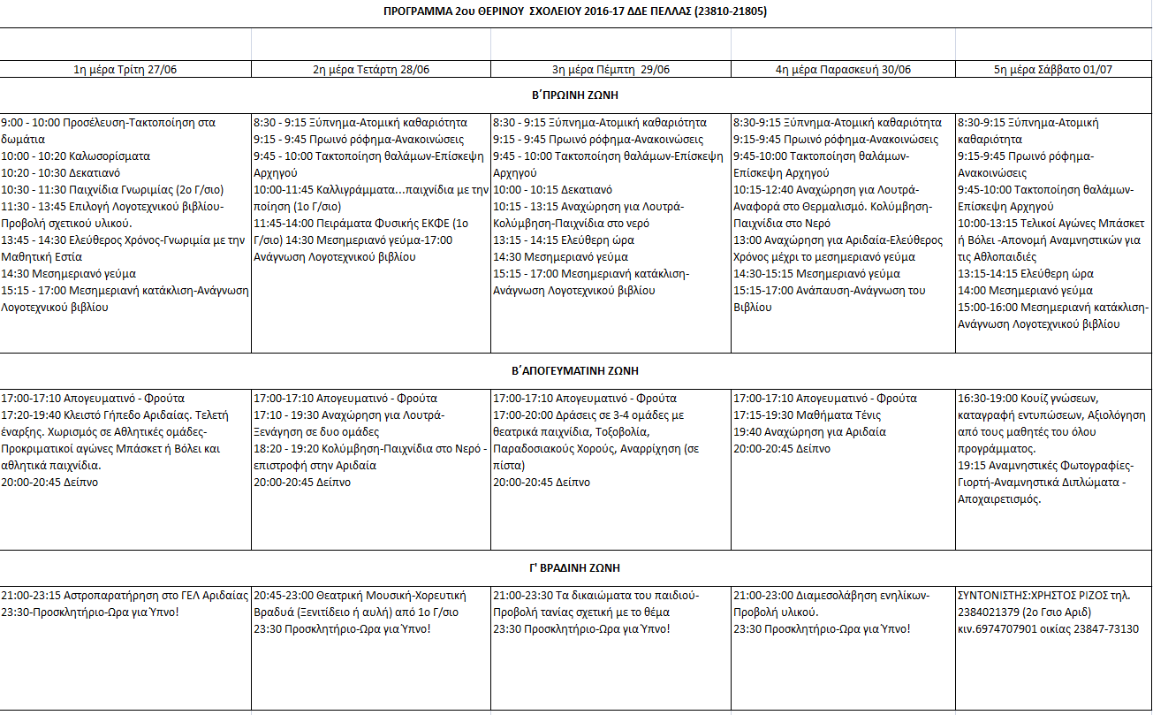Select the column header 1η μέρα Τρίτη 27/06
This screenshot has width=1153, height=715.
(125, 69)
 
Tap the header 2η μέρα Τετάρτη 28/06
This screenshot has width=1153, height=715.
(371, 69)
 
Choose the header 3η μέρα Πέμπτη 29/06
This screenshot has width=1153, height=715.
(611, 69)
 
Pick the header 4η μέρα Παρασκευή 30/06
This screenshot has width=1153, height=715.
(843, 69)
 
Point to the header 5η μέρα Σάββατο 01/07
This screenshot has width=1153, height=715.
(1053, 69)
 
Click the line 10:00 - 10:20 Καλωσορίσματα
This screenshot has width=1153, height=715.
(76, 156)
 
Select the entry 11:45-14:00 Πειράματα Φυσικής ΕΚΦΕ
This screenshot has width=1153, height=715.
(361, 223)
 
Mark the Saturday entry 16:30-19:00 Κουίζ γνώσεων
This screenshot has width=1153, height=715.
(1033, 399)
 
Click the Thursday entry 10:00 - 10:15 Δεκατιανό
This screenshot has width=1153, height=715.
(552, 189)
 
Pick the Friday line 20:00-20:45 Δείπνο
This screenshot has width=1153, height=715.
(782, 449)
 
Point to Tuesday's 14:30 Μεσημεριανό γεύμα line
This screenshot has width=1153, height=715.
(69, 273)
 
